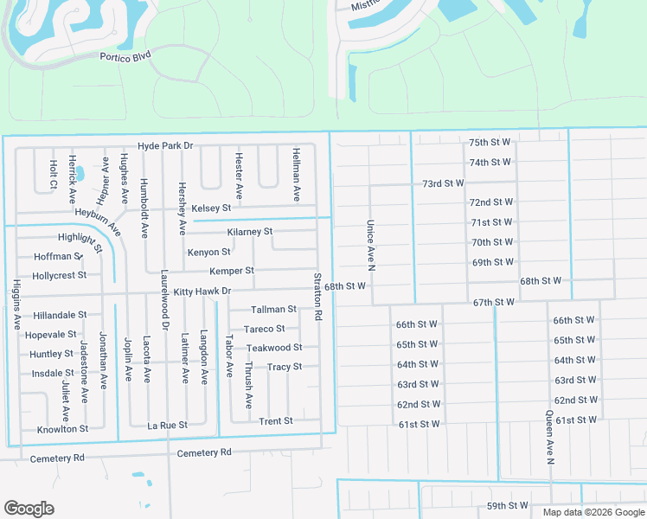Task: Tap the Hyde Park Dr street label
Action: point(164,146)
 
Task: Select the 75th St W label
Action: point(490,142)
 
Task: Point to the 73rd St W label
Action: point(443,183)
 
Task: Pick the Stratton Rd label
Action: point(318,298)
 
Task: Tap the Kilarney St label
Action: point(249,232)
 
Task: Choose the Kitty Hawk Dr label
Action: point(202,292)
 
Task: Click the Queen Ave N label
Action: point(549,437)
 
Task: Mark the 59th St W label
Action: point(507,505)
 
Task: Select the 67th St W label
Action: point(494,302)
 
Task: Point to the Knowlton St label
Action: point(62,429)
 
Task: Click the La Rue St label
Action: point(167,425)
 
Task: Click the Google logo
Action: point(29,509)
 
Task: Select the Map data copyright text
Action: point(593,512)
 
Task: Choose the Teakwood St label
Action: point(274,348)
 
